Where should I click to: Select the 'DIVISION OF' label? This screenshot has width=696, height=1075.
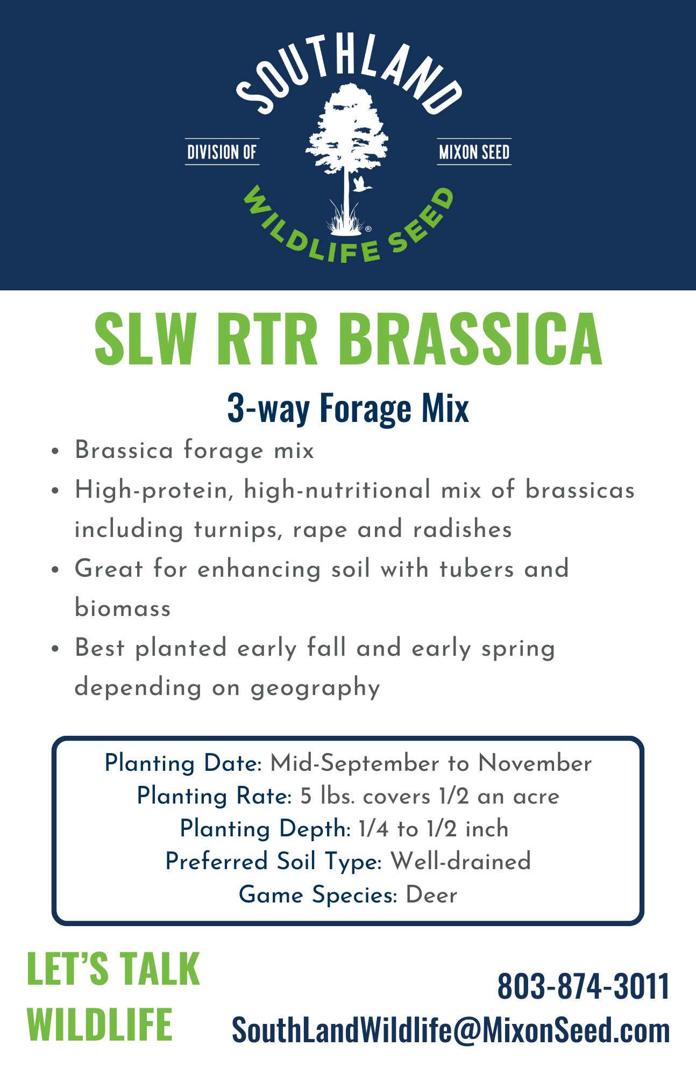[222, 152]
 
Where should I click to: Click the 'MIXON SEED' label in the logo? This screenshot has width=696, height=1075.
[474, 152]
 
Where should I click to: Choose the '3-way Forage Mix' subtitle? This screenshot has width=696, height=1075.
[348, 408]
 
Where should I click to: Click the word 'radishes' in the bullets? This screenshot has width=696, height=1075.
[462, 529]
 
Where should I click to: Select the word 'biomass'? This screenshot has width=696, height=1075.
[123, 608]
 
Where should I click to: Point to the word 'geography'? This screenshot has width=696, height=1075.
[315, 689]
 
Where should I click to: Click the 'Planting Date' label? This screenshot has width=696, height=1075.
[182, 764]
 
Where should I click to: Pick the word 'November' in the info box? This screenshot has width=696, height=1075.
[535, 763]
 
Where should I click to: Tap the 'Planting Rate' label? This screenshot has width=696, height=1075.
[214, 797]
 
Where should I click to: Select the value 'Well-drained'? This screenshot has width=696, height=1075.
[461, 862]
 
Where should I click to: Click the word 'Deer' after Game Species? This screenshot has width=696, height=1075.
[431, 895]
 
